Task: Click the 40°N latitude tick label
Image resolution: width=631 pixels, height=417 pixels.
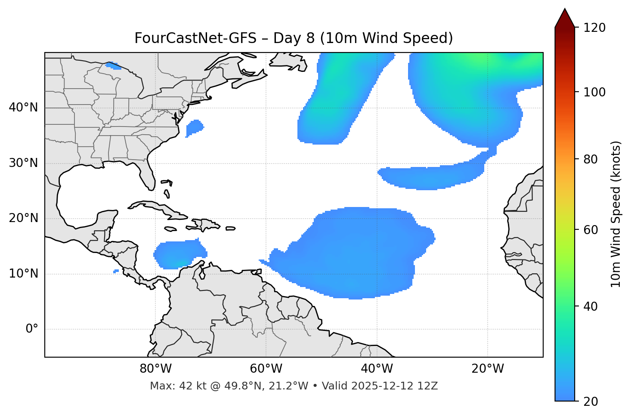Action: [x=23, y=108]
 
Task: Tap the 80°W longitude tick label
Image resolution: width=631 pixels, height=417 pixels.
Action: [x=155, y=369]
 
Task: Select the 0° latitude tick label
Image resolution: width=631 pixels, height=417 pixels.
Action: [x=32, y=329]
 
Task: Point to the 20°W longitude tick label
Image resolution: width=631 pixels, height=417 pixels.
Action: [x=488, y=369]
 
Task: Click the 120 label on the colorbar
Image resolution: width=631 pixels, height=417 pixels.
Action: [x=594, y=28]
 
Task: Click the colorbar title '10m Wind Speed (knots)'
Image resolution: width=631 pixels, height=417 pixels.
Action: [x=616, y=214]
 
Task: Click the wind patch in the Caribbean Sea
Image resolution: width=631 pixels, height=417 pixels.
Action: [x=178, y=254]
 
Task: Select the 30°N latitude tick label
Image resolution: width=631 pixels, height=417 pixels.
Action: [x=23, y=163]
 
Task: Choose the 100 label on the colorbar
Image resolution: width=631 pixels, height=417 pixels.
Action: [x=594, y=92]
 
